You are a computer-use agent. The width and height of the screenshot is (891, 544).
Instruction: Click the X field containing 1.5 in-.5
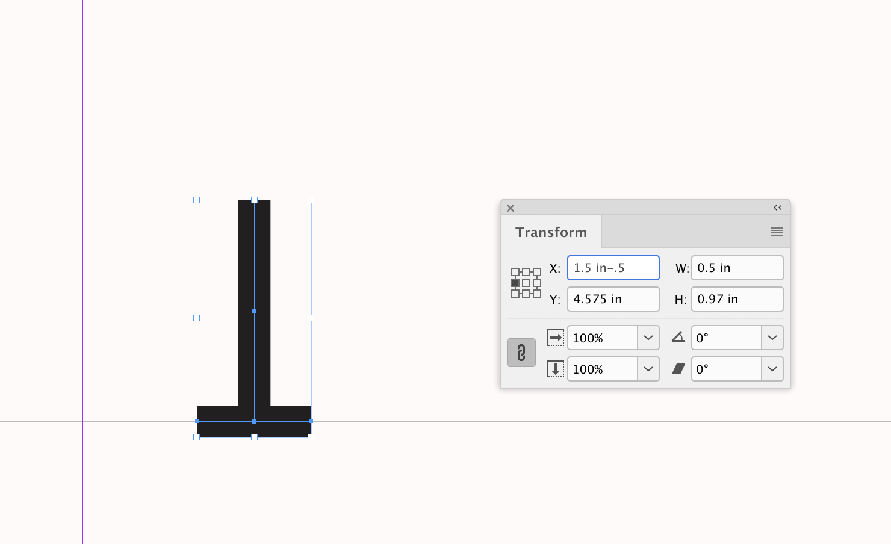613,268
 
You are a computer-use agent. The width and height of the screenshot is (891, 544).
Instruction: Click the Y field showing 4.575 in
613,299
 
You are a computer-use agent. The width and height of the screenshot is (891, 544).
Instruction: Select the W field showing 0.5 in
737,268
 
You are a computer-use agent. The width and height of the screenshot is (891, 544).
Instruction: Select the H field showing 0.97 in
737,299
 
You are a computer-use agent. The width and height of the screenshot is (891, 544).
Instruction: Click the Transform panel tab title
551,232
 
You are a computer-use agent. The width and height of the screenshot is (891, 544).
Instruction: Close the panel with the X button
511,208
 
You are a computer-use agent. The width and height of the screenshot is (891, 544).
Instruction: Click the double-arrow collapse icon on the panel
778,208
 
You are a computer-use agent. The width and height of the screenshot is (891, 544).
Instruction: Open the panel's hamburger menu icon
777,232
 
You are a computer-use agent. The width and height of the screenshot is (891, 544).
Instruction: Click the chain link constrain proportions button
521,353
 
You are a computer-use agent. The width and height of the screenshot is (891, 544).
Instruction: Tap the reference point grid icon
526,283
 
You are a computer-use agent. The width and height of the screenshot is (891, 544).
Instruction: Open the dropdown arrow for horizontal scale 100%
648,338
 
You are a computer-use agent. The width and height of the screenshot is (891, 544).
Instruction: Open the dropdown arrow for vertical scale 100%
648,369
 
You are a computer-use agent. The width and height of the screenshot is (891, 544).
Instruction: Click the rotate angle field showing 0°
726,338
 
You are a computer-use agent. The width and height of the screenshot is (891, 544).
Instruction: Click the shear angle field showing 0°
726,369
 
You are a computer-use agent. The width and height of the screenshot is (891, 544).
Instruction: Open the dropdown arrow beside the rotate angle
772,338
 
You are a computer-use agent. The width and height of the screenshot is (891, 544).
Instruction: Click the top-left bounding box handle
197,200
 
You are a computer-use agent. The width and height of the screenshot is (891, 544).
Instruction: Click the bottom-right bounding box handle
311,437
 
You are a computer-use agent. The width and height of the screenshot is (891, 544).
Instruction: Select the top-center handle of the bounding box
254,200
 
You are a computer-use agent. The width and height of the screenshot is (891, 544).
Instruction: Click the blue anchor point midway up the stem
254,311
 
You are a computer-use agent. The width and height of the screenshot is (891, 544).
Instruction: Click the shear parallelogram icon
678,369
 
